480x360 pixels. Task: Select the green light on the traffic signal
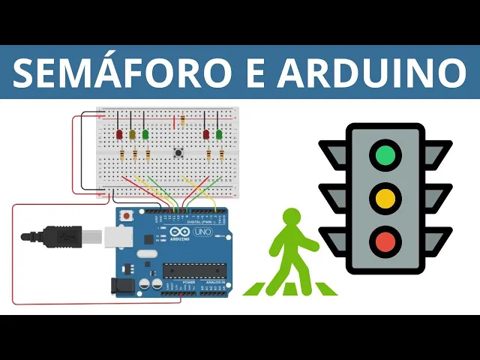[385, 155]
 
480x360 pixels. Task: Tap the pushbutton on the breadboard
[179, 154]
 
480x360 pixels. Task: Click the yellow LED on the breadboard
[133, 134]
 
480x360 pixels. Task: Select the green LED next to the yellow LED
[145, 134]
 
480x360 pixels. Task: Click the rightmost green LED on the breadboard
[219, 134]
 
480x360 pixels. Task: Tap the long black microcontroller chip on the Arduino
[194, 271]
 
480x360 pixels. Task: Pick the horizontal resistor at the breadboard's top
[182, 118]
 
